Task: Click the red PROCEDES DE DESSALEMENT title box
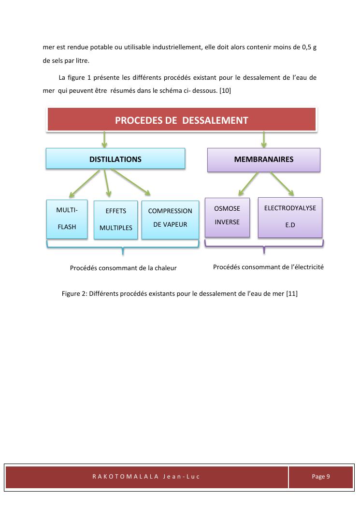click(x=181, y=120)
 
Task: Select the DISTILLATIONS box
click(x=115, y=159)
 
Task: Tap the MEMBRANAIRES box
click(x=263, y=160)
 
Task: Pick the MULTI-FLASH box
click(x=67, y=219)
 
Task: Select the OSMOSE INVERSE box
click(x=227, y=217)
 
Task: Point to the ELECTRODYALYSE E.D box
click(x=290, y=217)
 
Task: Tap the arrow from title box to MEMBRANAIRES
click(x=263, y=139)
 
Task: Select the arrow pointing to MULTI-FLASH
click(x=86, y=183)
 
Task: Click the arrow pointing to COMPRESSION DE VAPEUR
click(x=133, y=183)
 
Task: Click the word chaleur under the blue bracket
click(x=165, y=268)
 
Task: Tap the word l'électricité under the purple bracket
click(x=306, y=267)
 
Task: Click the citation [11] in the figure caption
click(x=291, y=293)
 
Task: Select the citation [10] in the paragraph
click(x=225, y=90)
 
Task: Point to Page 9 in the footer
click(x=321, y=476)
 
